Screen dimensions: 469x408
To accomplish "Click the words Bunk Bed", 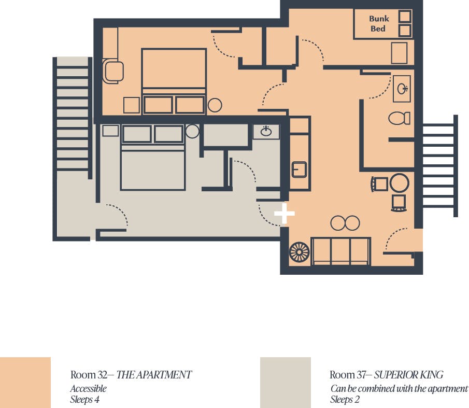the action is click(379, 24).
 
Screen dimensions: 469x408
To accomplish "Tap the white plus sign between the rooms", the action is click(285, 213).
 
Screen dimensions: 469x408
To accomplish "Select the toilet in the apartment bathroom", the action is click(399, 118).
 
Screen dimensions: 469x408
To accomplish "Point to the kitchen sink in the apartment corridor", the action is click(299, 170).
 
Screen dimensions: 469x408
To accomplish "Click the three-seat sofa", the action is click(340, 251).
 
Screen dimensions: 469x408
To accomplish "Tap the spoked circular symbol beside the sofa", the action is click(299, 252).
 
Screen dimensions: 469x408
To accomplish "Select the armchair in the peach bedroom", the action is click(113, 71).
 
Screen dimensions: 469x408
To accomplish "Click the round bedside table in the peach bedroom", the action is click(215, 105).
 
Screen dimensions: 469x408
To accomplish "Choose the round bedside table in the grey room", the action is click(192, 131).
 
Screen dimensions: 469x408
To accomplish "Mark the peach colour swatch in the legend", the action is click(25, 382).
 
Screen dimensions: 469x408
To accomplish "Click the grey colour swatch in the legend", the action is click(286, 382).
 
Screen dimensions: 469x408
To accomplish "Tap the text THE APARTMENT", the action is click(154, 374).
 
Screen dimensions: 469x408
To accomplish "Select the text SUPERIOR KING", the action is click(408, 374).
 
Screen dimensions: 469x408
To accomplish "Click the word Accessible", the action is click(88, 388).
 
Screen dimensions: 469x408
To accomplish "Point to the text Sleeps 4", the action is click(84, 399).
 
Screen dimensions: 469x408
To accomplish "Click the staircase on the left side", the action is click(73, 114).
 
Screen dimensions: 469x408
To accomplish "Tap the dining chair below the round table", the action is click(399, 203).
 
